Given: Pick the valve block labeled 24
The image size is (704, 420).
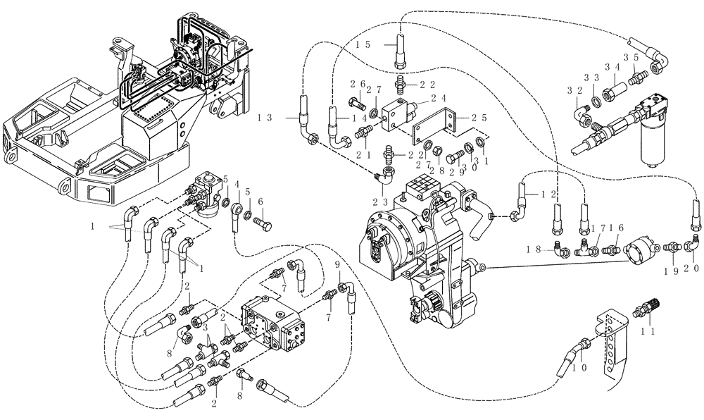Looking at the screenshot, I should pos(398,114).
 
